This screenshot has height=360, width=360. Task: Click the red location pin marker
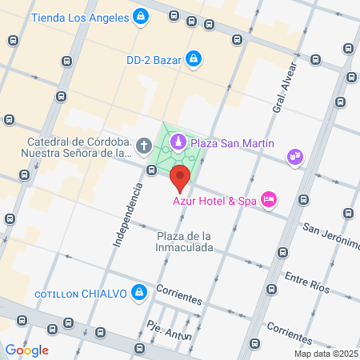click(x=180, y=176)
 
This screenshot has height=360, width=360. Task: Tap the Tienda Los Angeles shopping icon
click(x=141, y=16)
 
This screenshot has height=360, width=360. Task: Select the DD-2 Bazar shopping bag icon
click(x=193, y=58)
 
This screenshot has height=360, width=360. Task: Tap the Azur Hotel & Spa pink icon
click(x=268, y=200)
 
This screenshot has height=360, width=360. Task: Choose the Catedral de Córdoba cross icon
click(x=142, y=146)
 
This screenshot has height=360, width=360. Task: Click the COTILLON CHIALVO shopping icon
click(x=140, y=293)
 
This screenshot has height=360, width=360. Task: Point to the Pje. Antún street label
click(x=169, y=330)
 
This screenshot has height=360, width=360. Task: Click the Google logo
click(x=26, y=350)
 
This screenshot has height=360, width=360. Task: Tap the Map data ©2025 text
click(x=324, y=354)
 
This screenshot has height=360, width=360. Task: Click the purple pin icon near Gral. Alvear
click(x=295, y=156)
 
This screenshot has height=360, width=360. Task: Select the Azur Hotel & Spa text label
click(x=214, y=201)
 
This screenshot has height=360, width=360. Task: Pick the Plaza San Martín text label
click(x=232, y=142)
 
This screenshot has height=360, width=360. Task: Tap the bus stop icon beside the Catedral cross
click(x=151, y=169)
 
